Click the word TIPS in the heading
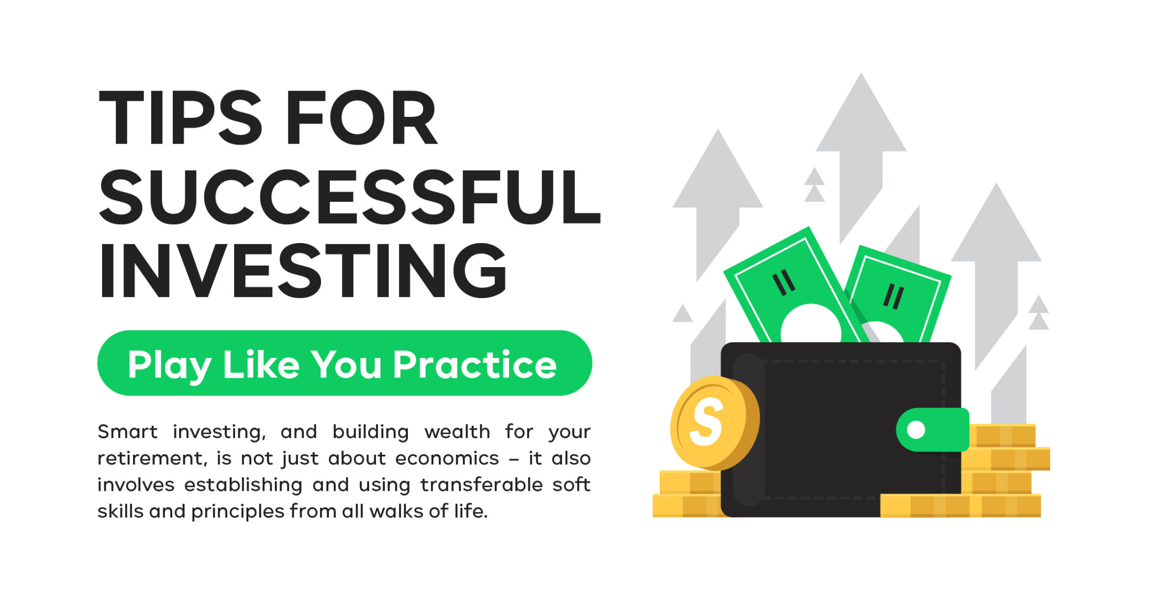180,118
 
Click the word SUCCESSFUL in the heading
349,196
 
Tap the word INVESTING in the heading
303,271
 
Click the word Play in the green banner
170,366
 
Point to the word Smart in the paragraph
127,432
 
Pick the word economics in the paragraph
447,458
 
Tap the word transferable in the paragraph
481,485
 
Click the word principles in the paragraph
238,512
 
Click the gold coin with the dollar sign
715,422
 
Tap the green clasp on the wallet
933,430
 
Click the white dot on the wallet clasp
916,430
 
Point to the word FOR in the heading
361,118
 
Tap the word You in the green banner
347,365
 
